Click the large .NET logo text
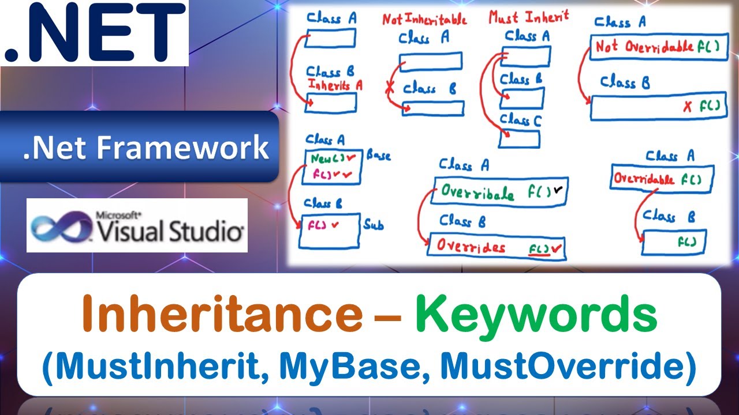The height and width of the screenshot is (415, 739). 95,33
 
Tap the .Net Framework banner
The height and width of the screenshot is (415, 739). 145,148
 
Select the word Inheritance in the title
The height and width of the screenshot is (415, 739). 222,315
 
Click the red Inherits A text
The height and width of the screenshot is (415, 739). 335,85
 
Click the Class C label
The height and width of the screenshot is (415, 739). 521,120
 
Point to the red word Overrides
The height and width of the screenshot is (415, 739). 471,246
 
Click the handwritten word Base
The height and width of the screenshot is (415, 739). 378,156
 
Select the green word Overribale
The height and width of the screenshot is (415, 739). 477,193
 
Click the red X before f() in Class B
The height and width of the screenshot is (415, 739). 687,107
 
